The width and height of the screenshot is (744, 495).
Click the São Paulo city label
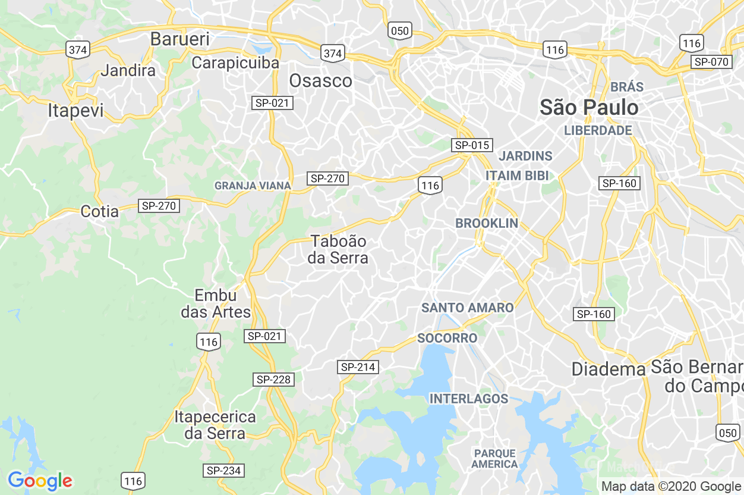click(589, 108)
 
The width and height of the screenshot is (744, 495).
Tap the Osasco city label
click(320, 81)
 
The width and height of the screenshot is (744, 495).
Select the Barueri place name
click(179, 39)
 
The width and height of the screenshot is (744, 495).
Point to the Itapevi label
click(75, 111)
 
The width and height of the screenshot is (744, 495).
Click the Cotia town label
click(99, 211)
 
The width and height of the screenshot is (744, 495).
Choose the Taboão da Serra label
click(338, 249)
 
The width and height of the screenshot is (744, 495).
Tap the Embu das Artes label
click(216, 303)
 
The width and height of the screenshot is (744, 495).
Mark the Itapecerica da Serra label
click(215, 425)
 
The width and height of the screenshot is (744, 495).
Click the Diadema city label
click(608, 369)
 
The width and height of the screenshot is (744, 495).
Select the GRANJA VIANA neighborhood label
click(253, 186)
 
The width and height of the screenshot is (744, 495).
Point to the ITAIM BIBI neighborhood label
click(517, 176)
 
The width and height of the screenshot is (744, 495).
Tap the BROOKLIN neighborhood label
click(487, 223)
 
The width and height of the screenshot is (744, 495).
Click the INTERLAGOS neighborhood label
click(469, 399)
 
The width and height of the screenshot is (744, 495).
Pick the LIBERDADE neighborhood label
click(598, 130)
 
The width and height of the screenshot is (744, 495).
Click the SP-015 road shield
click(472, 145)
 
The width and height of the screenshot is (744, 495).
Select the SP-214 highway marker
click(358, 367)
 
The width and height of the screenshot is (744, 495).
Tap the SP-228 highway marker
click(274, 380)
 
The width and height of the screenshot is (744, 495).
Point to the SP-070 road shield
click(711, 62)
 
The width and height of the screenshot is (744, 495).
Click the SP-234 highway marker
click(223, 471)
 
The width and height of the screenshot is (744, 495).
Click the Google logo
click(40, 481)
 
